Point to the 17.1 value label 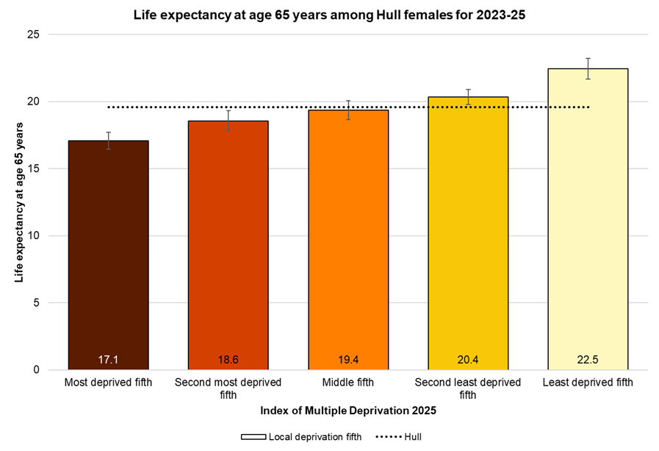pos(108,360)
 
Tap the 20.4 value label pos(468,360)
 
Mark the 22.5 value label pos(588,360)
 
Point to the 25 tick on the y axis pos(34,35)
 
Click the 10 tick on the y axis pos(34,235)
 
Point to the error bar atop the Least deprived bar pos(588,68)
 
